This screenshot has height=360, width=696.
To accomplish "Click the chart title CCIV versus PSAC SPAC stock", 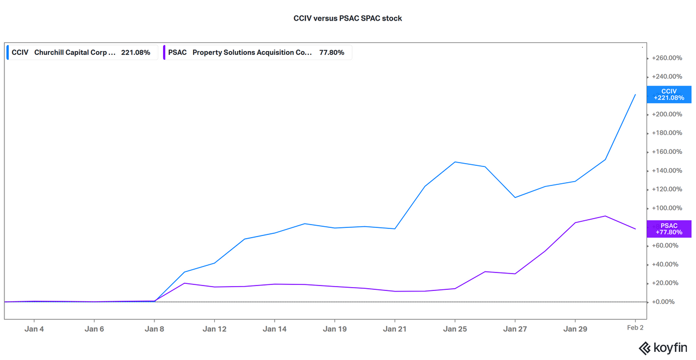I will [347, 18].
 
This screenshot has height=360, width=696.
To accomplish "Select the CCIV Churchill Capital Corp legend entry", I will [82, 53].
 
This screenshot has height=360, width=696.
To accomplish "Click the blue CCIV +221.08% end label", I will [669, 95].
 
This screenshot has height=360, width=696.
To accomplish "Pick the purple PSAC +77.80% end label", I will [669, 229].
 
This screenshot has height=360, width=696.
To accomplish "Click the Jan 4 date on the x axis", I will [34, 329].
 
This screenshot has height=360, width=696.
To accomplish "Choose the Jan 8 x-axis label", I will [154, 329].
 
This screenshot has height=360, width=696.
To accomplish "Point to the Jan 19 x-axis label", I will [334, 329].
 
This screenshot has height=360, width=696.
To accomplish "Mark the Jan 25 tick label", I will [455, 329].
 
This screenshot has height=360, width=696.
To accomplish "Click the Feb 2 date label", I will [635, 327].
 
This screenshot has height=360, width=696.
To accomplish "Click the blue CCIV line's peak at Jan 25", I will [455, 162].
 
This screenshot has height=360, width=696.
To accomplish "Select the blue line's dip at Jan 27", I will [515, 197].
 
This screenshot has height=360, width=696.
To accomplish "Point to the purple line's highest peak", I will [605, 216].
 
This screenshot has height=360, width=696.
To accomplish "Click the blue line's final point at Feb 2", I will [635, 95].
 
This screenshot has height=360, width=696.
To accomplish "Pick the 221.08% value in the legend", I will [135, 53].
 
